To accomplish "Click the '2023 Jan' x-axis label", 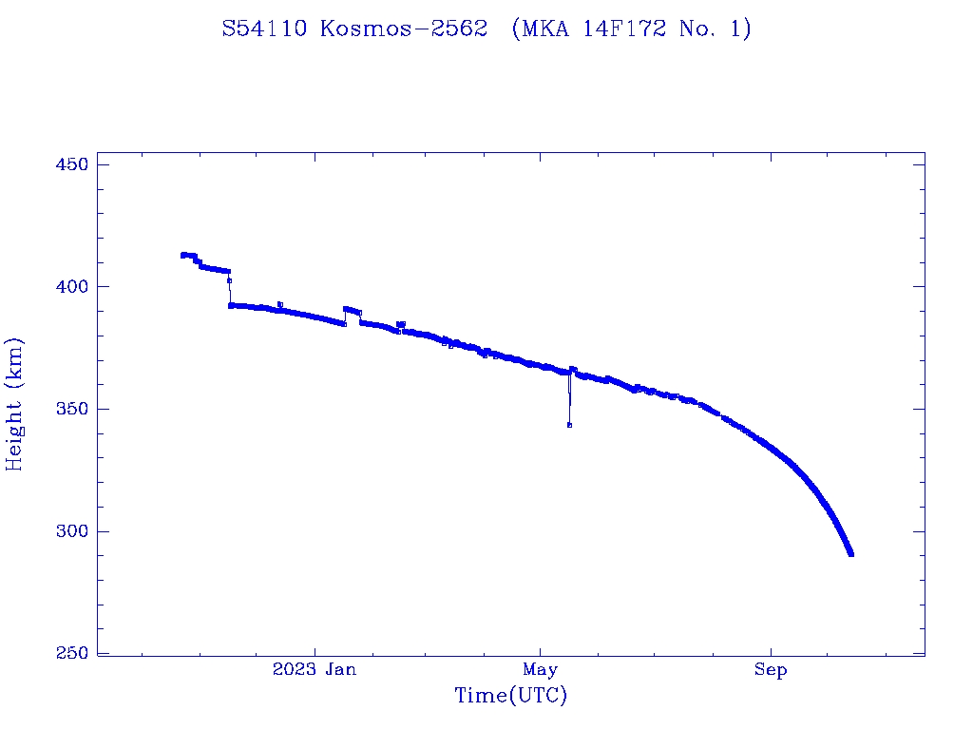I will [x=315, y=670].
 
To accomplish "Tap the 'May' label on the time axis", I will [x=540, y=670].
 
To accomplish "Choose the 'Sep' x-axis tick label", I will [x=771, y=670].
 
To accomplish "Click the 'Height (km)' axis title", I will [x=14, y=404].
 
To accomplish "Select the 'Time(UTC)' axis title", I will [x=511, y=696].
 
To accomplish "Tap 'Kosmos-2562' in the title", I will [x=404, y=29].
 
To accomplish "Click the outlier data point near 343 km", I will [x=569, y=425].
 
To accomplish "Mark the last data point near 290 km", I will [x=850, y=553].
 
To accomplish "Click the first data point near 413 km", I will [x=182, y=255].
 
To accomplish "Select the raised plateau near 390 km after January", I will [x=352, y=310].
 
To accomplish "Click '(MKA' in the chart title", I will [x=537, y=29].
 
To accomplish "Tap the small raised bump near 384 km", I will [x=401, y=324].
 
